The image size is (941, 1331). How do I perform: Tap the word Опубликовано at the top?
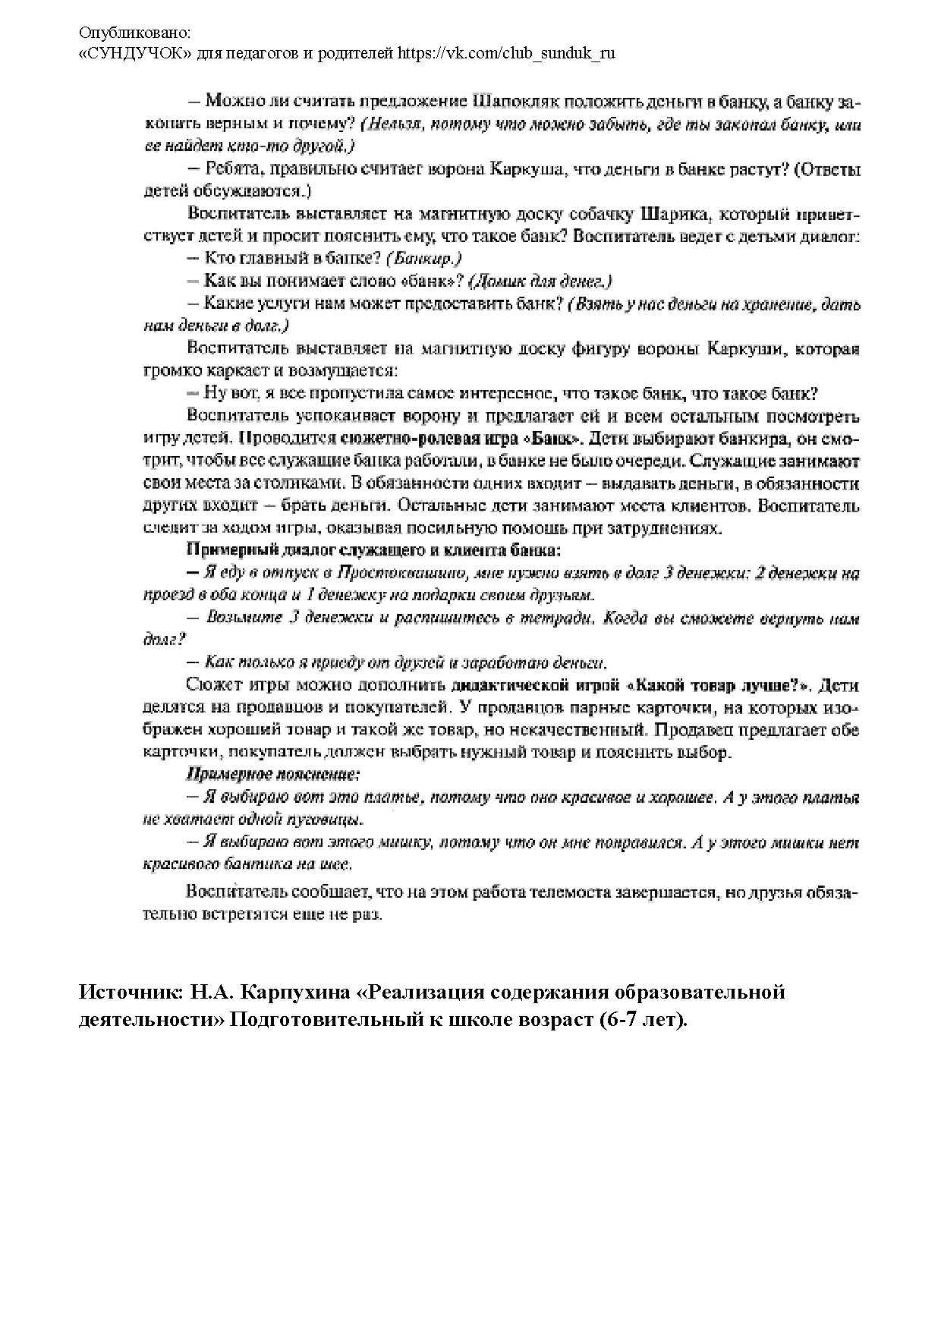point(135,33)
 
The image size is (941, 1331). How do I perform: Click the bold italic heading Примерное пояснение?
point(273,776)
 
